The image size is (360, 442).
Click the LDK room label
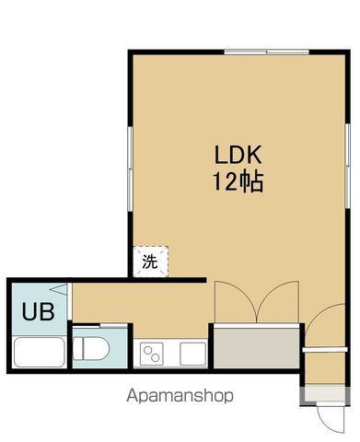click(238, 155)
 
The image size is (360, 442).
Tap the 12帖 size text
click(238, 181)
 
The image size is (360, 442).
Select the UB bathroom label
click(39, 311)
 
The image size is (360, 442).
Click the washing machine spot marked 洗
click(151, 262)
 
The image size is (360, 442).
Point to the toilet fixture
click(91, 348)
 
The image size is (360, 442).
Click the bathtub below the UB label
click(40, 352)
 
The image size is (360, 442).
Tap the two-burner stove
click(152, 354)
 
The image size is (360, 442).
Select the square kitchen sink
click(192, 354)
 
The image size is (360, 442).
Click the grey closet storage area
click(256, 348)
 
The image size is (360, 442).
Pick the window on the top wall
click(266, 52)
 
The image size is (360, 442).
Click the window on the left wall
click(130, 169)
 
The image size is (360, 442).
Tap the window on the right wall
click(347, 166)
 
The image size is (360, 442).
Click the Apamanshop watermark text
click(180, 396)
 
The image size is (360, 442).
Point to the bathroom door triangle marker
click(59, 289)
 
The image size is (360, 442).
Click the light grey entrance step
click(325, 394)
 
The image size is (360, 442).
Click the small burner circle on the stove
click(147, 349)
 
